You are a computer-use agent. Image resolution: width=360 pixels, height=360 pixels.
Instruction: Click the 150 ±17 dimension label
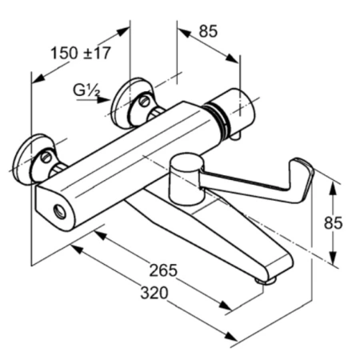[x=81, y=53]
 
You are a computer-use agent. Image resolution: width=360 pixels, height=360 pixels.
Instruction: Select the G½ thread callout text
[x=87, y=90]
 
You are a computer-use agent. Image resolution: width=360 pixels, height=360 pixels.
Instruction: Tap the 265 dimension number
[x=163, y=270]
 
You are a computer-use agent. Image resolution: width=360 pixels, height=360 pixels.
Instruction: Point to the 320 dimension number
[x=154, y=293]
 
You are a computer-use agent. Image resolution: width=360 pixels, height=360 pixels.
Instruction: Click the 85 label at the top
[x=208, y=31]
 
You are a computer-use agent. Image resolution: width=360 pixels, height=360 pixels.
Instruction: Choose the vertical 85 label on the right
[x=333, y=223]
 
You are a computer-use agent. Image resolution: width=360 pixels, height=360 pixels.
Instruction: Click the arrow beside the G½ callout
[x=93, y=100]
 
